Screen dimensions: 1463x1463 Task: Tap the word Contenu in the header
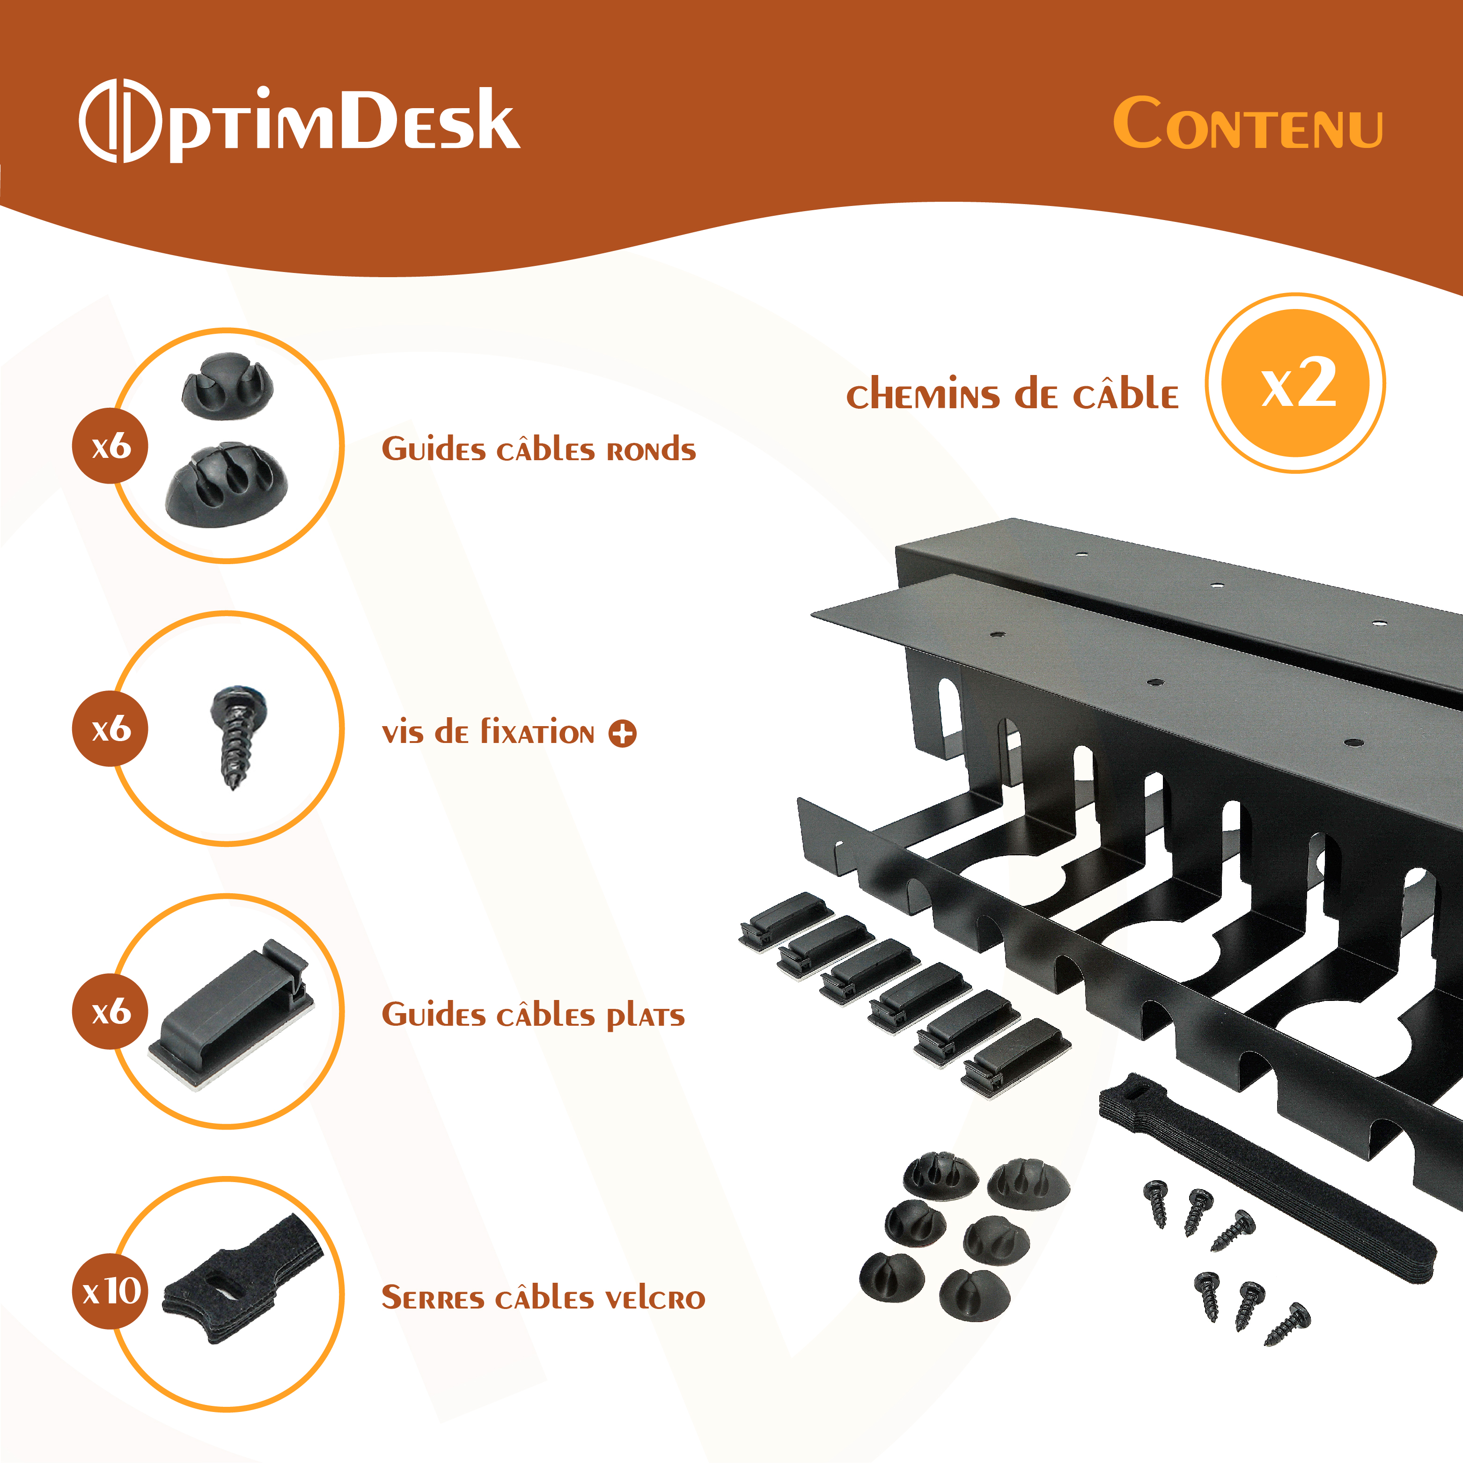(x=1247, y=124)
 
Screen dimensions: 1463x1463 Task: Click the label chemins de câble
(x=1013, y=395)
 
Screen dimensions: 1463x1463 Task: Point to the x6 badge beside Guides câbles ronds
(x=110, y=446)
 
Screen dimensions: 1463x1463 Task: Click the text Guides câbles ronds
(x=538, y=449)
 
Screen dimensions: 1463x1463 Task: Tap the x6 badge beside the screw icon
(x=110, y=728)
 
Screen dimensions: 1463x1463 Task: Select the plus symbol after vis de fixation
(x=623, y=733)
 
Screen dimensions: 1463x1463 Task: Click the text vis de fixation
(x=488, y=732)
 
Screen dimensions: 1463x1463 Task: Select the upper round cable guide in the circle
(x=227, y=385)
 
